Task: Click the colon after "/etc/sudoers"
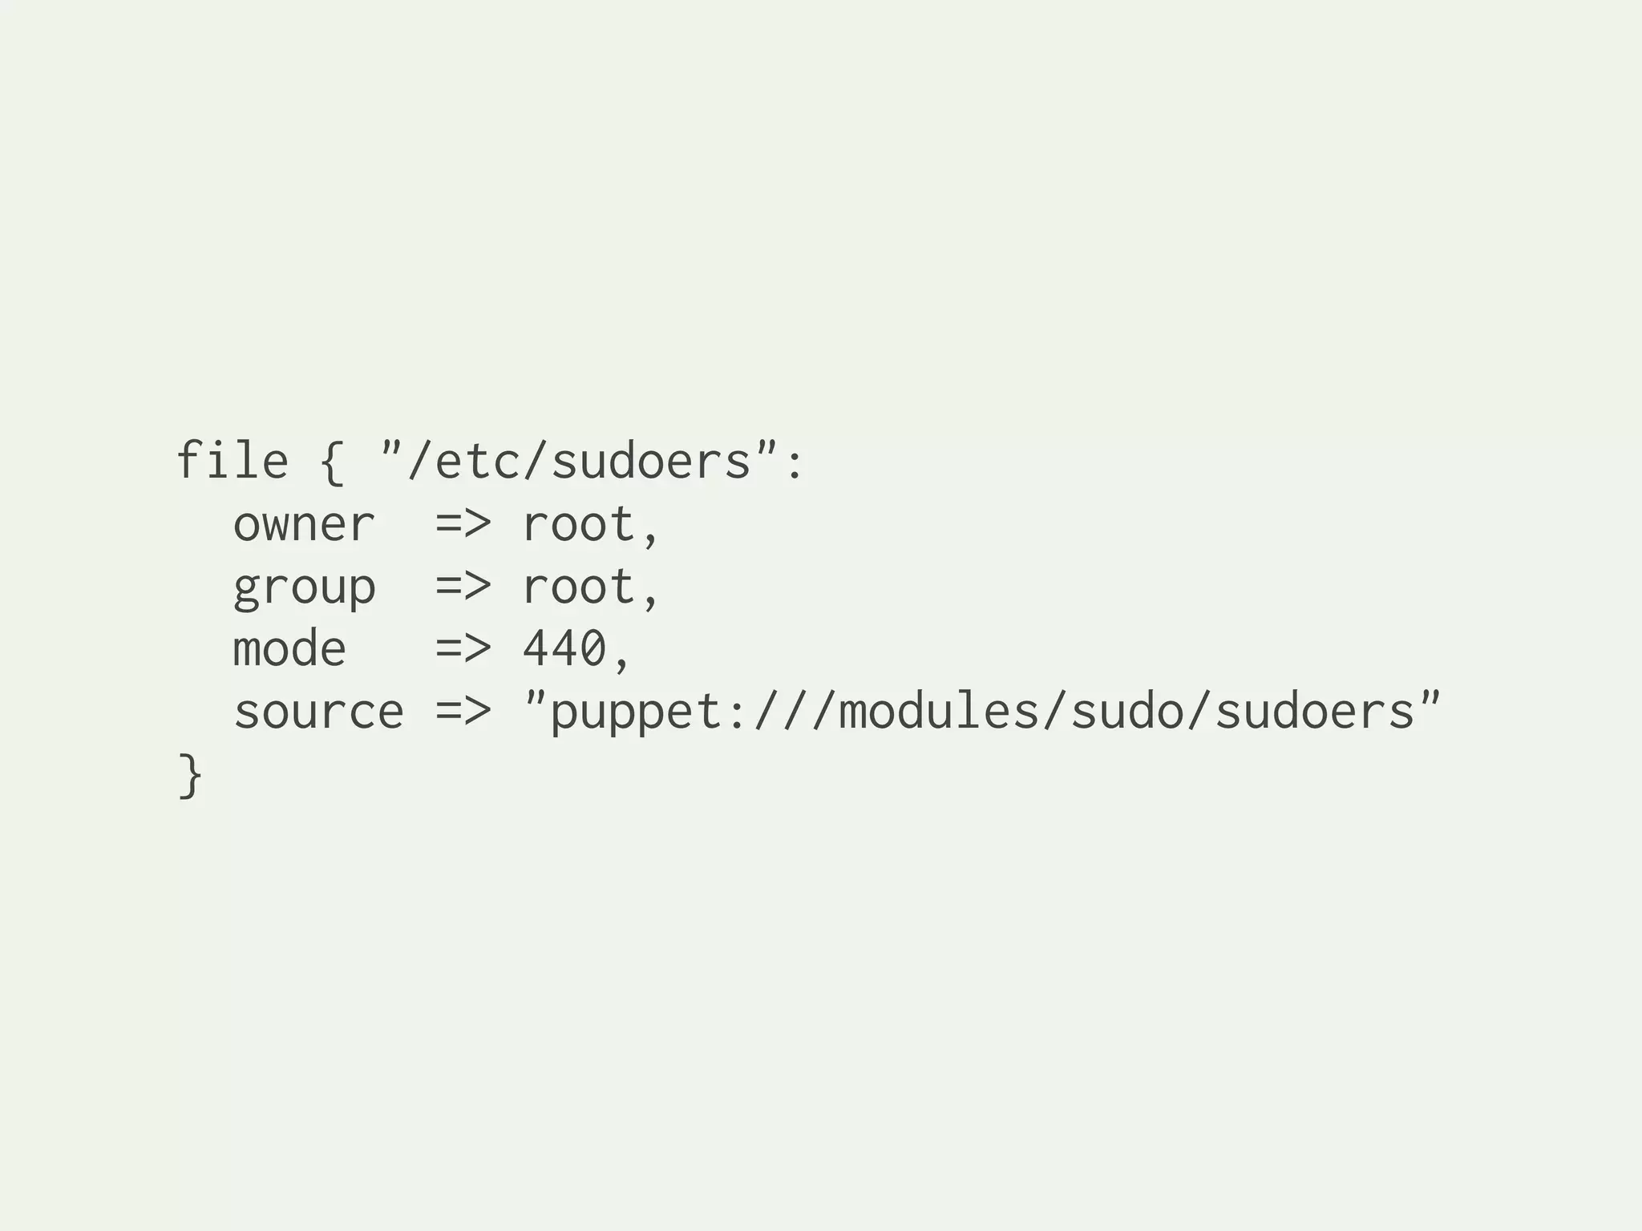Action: point(795,465)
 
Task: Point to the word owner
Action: point(303,525)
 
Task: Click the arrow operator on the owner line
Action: point(463,524)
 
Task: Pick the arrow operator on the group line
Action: point(463,586)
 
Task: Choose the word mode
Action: point(289,648)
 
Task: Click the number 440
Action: point(564,648)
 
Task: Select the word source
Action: point(318,712)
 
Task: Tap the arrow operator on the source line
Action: point(463,711)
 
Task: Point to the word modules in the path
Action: point(939,711)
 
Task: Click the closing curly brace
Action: point(189,775)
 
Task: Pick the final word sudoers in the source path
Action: point(1316,711)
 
